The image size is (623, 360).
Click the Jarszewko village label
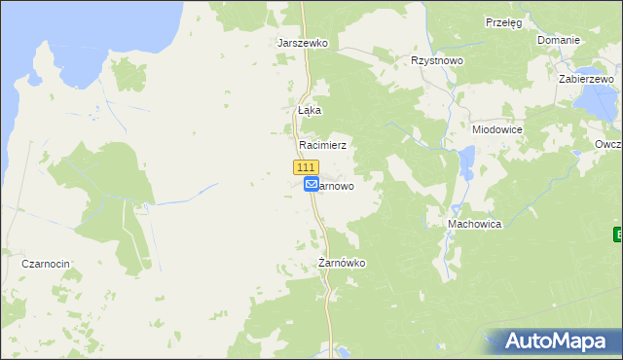coord(303,44)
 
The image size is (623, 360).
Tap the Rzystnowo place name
coord(437,60)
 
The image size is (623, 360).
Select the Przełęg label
coord(504,21)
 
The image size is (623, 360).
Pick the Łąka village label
coord(309,110)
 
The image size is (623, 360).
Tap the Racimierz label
coord(322,144)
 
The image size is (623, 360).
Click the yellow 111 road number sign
coord(306,167)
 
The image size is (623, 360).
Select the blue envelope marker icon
coord(311,184)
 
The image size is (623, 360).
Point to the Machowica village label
coord(474,224)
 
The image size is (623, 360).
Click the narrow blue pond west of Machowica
coord(467,162)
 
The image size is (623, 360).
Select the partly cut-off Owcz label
coord(608,144)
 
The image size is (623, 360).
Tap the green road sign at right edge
coord(618,234)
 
